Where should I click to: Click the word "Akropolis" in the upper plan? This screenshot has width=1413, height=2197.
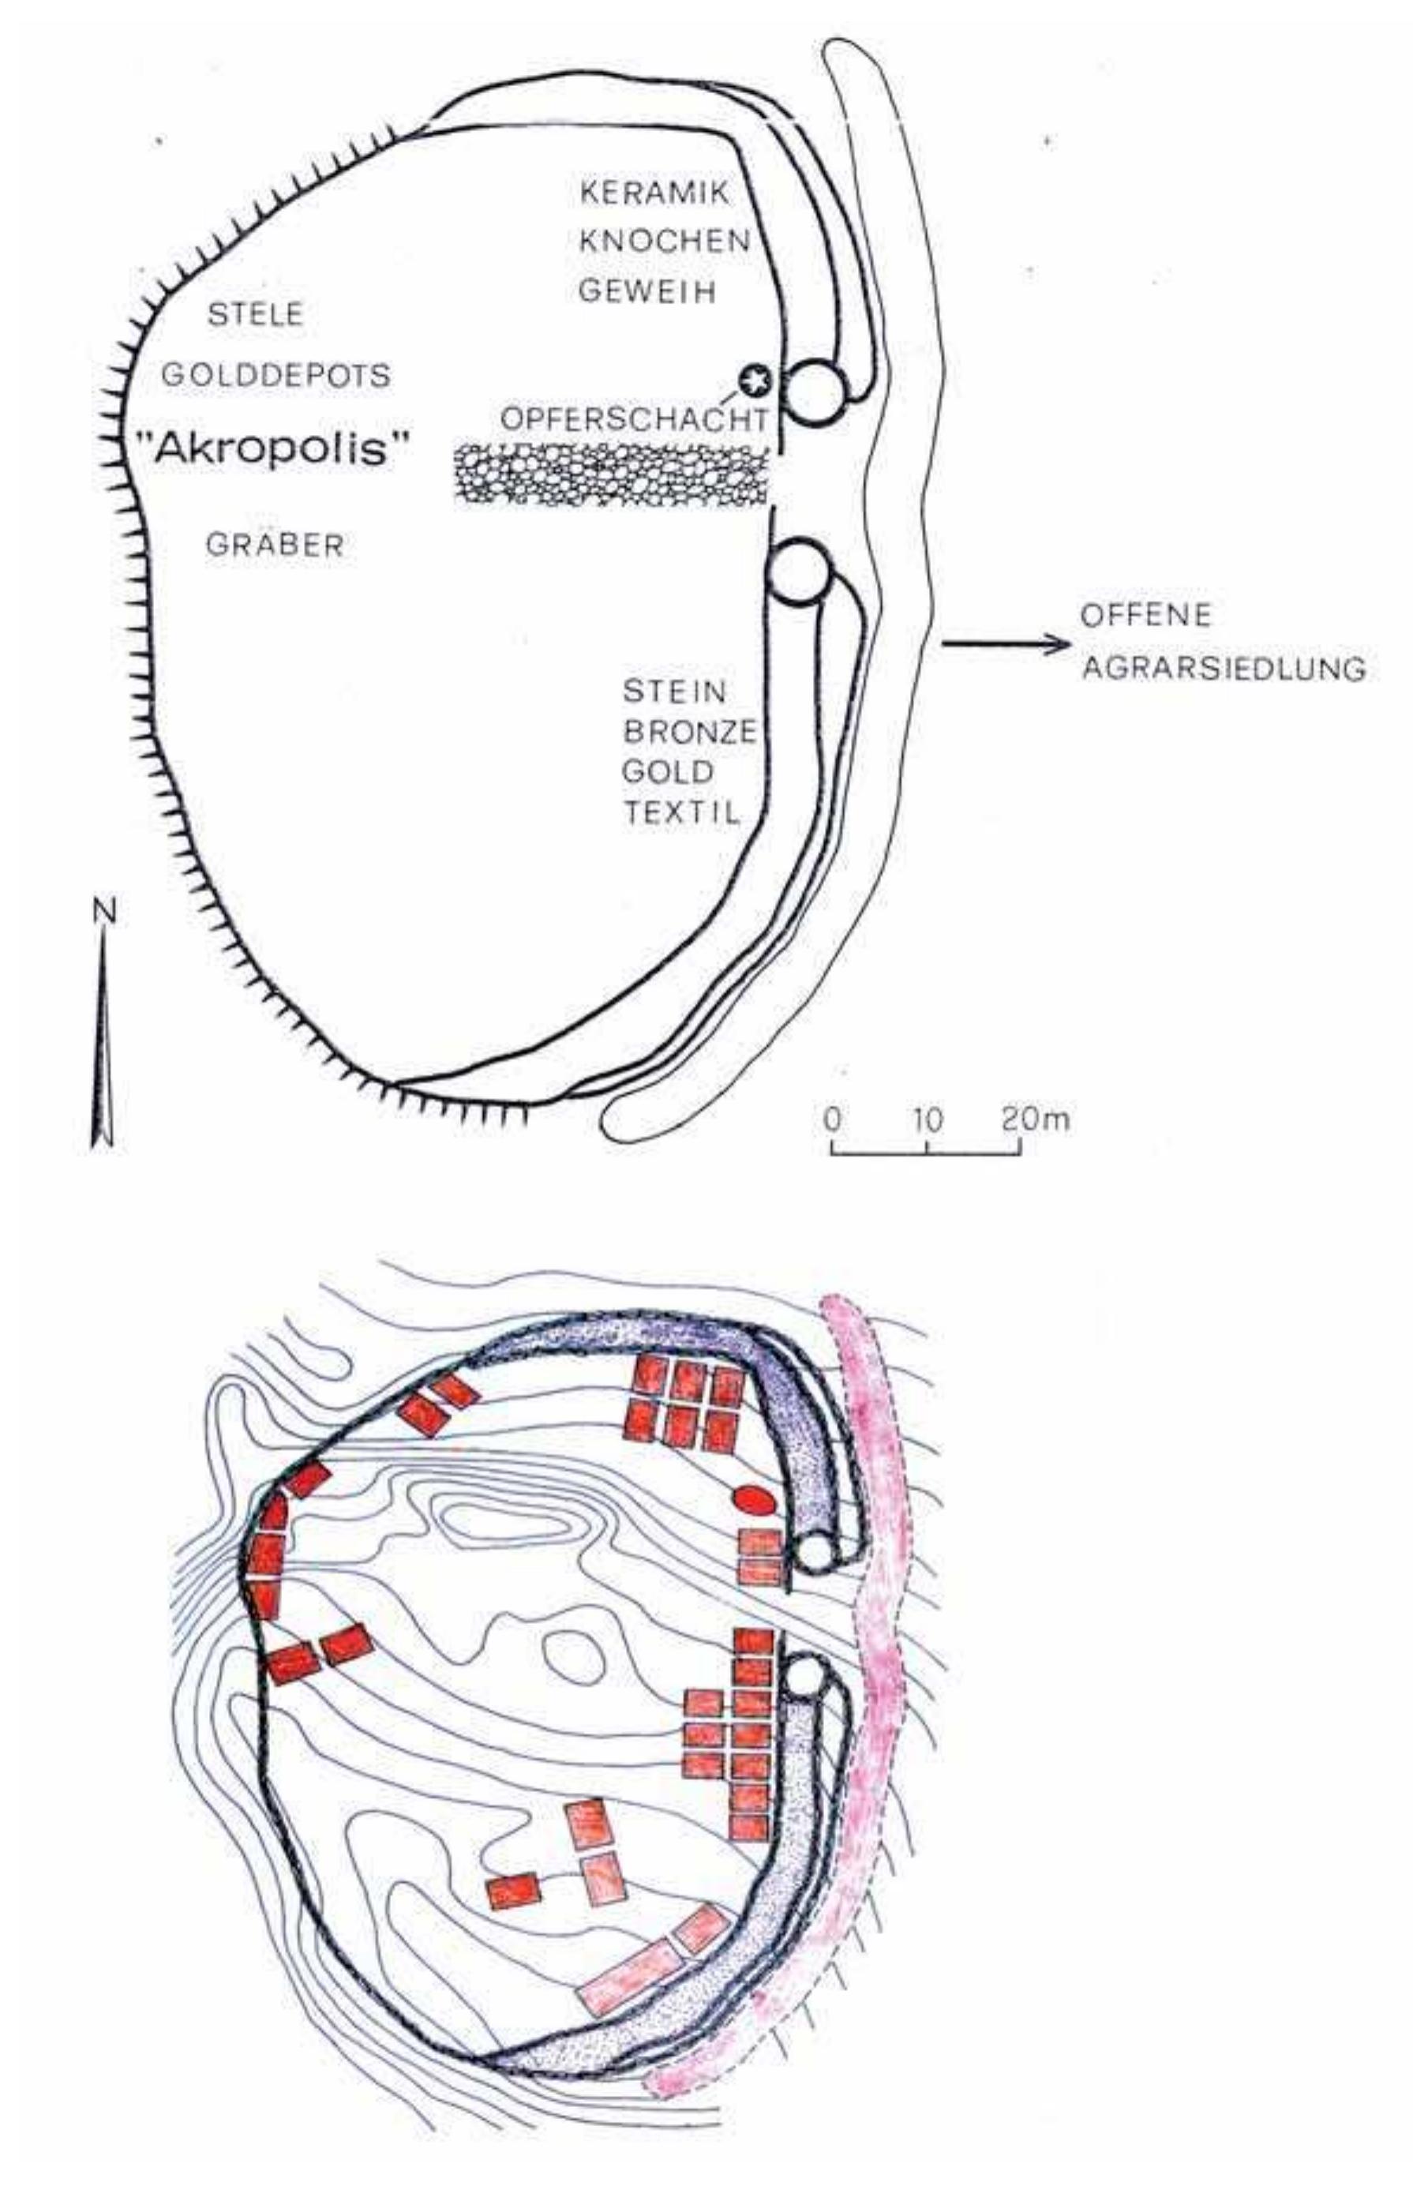click(x=272, y=448)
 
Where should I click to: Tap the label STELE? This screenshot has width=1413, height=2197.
click(x=255, y=315)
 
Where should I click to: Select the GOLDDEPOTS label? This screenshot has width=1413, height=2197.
click(x=275, y=374)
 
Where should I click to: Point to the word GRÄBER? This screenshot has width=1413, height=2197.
click(x=275, y=545)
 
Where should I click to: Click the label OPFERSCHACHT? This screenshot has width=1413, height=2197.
click(x=633, y=419)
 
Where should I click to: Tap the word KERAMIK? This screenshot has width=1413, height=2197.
click(x=655, y=193)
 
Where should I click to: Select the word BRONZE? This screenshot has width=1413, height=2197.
click(x=690, y=732)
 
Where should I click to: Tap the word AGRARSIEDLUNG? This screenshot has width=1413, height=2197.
click(x=1223, y=669)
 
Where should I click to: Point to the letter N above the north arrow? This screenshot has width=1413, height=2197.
click(x=106, y=911)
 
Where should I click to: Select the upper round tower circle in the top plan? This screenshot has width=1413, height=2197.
click(x=815, y=392)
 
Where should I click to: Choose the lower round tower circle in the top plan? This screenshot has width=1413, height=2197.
click(x=798, y=573)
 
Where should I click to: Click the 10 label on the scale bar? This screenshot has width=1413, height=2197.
click(x=929, y=1119)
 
